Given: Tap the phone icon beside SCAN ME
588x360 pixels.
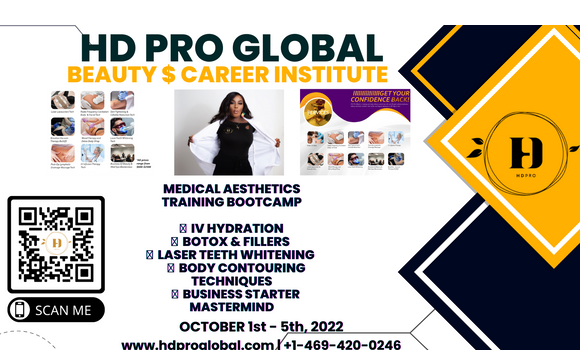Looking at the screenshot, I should point(21,310).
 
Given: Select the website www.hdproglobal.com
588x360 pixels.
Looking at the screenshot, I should point(197,345).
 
